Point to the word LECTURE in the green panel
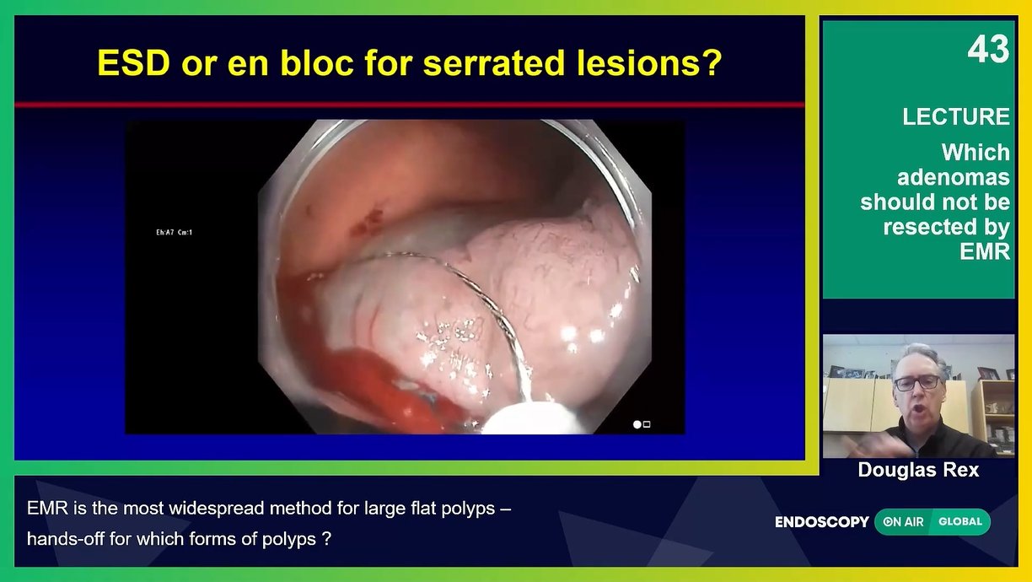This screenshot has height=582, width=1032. point(956,116)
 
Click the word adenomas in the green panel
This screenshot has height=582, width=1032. point(954,177)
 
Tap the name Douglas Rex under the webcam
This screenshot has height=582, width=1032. point(918,470)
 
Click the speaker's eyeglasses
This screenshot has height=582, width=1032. point(917,382)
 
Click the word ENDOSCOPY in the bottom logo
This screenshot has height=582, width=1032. point(821,522)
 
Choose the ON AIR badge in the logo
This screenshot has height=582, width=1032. point(903,522)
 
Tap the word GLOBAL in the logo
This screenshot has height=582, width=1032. point(960,522)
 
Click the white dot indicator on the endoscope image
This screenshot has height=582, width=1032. point(637,424)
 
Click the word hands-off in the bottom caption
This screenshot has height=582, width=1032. point(65,538)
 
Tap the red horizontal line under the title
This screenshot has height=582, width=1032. point(410,105)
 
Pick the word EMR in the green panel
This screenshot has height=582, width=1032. point(985,251)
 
